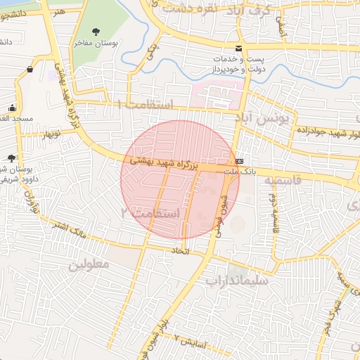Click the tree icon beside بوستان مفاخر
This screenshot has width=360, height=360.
point(96,30)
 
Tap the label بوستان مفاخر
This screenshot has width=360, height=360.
point(96,43)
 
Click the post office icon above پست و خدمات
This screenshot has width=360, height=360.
point(239,48)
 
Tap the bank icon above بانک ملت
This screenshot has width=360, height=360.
point(240,160)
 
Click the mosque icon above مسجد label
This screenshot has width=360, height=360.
point(12,108)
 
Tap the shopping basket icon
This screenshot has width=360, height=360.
point(30,69)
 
